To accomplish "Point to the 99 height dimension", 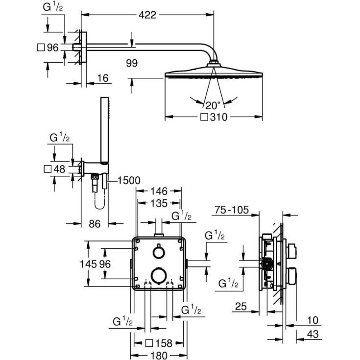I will [x=131, y=63].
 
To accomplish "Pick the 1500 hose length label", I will [x=128, y=181].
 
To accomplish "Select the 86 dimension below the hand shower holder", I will [x=95, y=223].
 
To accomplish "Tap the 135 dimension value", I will [x=159, y=203].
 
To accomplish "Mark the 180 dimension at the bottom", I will [x=159, y=355].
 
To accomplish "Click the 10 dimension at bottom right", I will [x=312, y=321].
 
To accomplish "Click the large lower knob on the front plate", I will [x=158, y=275].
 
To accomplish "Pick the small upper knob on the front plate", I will [x=158, y=252].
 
